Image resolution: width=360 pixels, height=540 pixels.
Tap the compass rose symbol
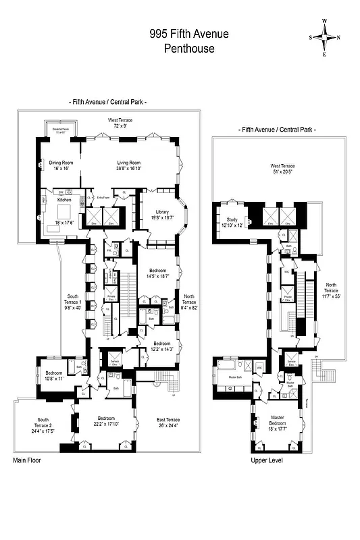coord(324,38)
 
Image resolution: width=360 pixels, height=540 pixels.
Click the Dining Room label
coord(61,162)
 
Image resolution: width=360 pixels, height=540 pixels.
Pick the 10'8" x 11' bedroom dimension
coord(54,379)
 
